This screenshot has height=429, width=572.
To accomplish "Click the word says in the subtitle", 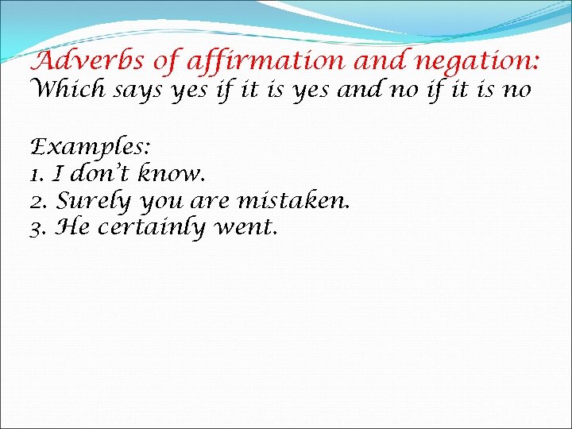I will click(x=139, y=91).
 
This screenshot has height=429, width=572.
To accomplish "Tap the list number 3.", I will click(x=36, y=228).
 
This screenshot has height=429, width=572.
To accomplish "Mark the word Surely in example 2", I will click(x=92, y=201).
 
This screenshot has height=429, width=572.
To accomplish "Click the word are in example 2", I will click(x=209, y=201).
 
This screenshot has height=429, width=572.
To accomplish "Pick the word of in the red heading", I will click(x=168, y=60).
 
